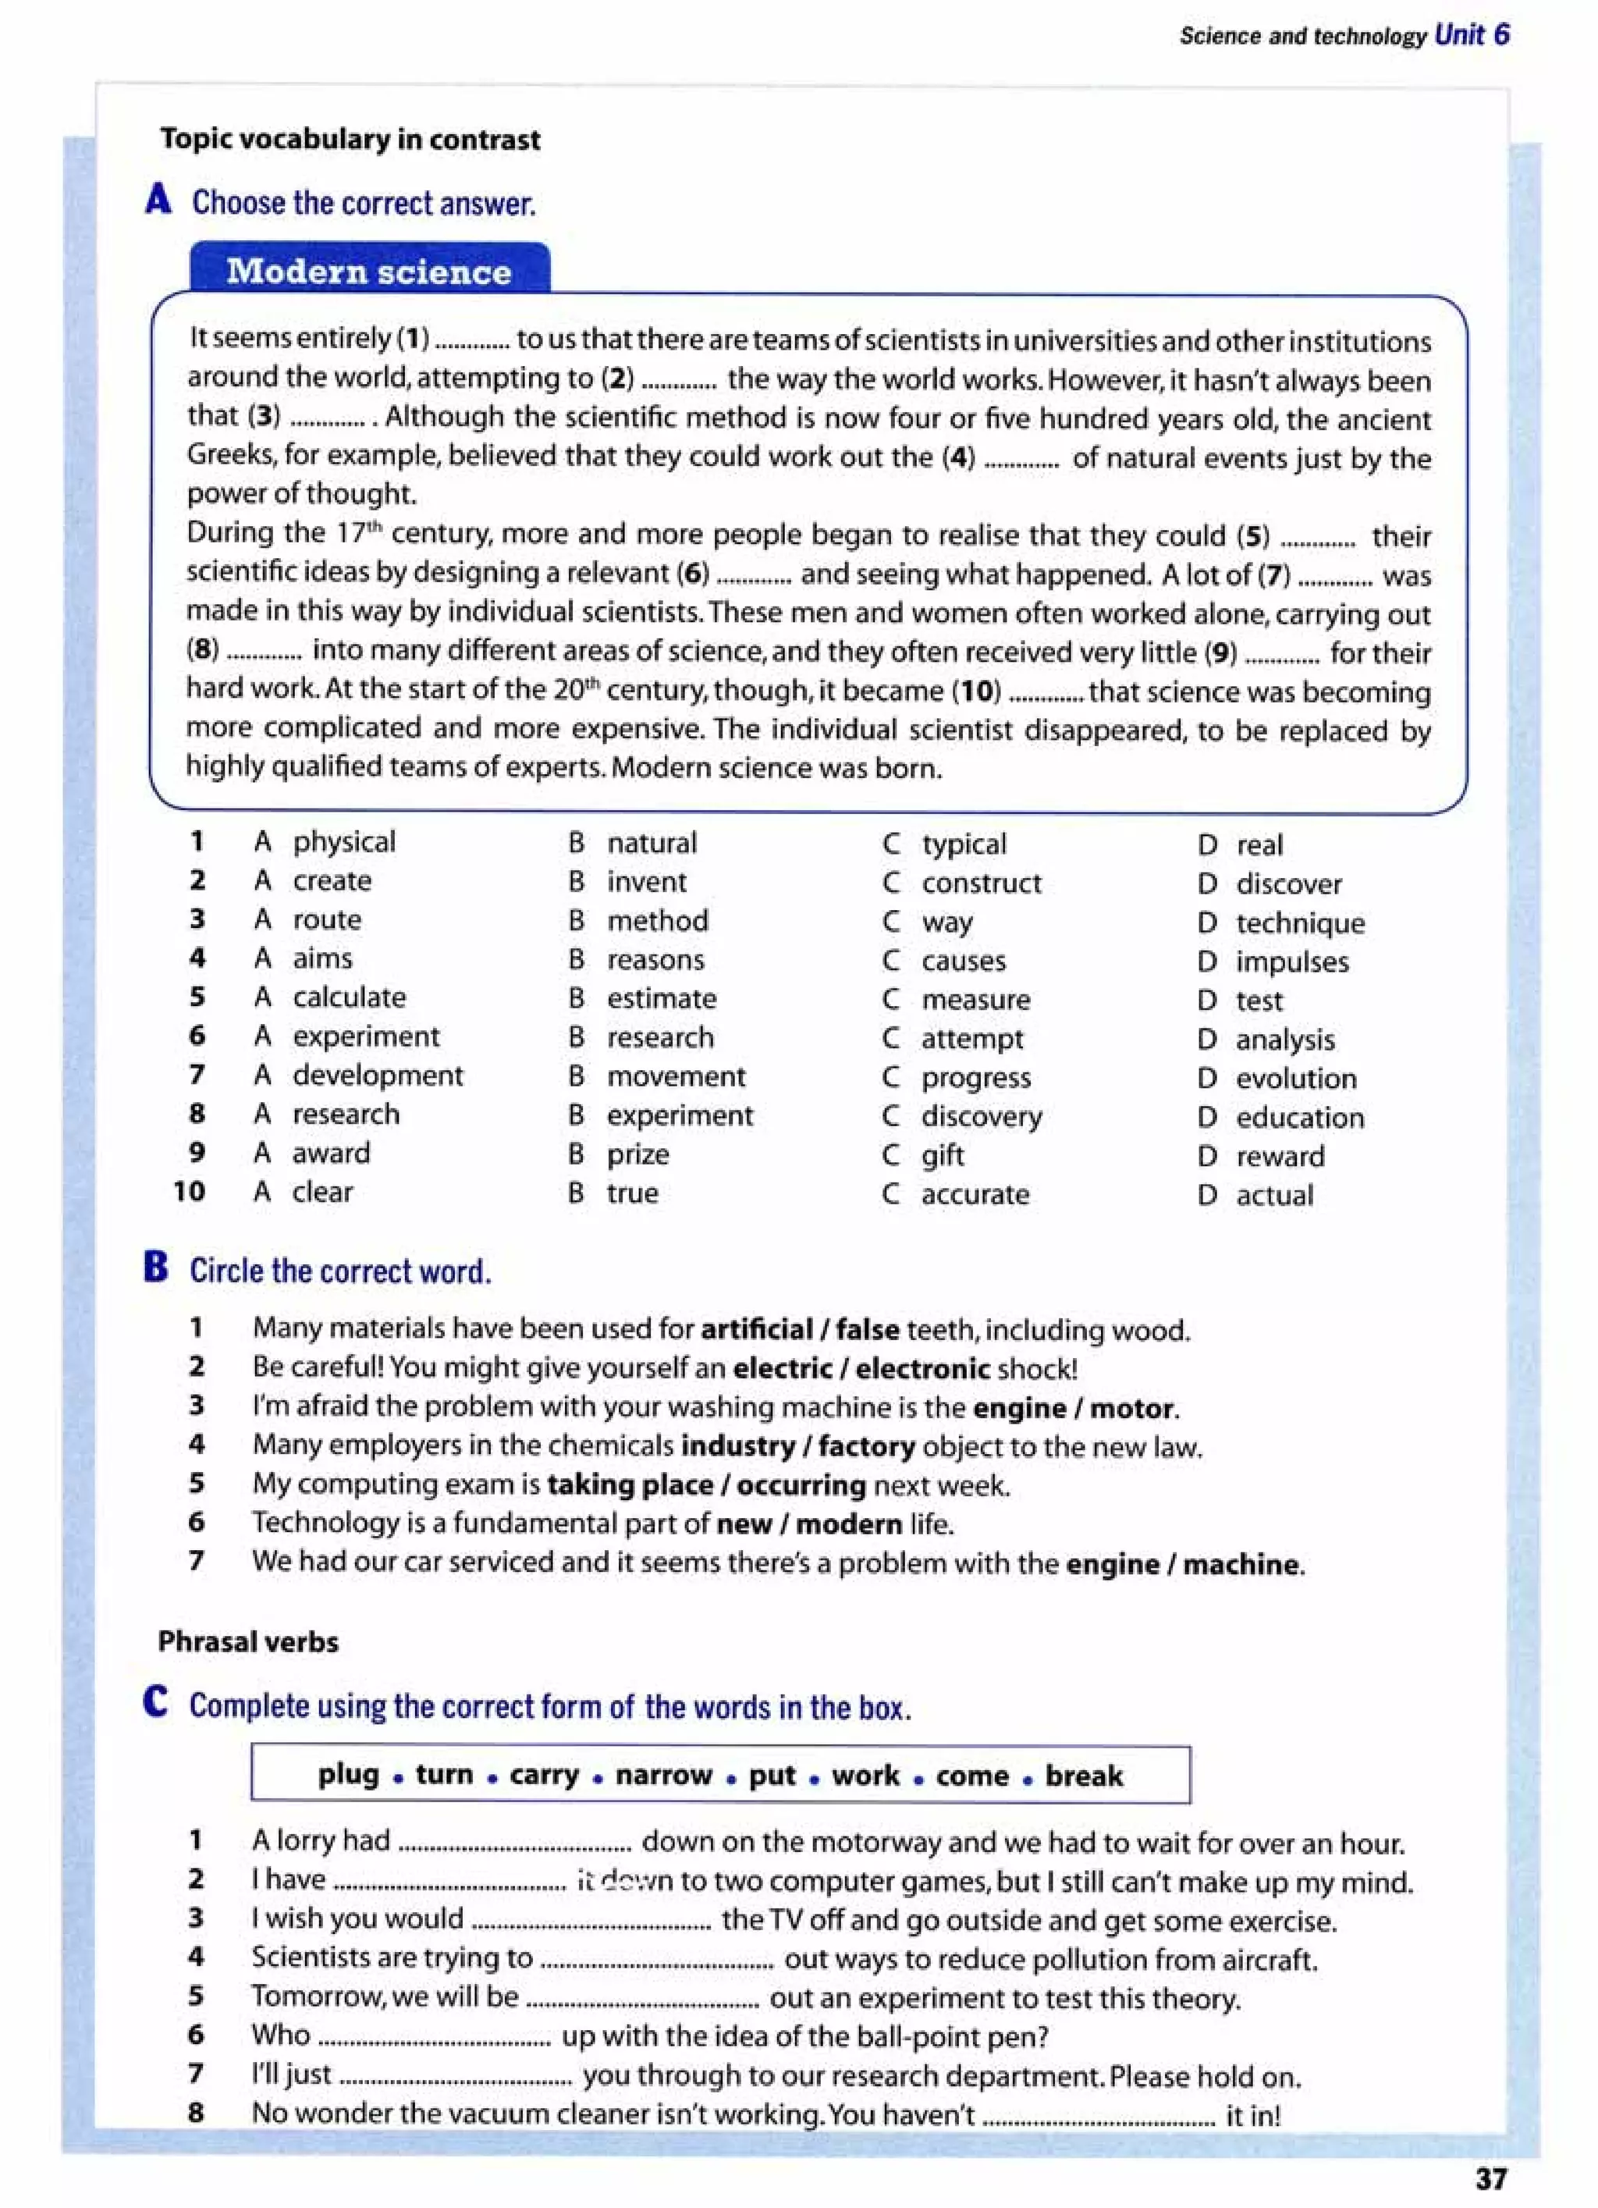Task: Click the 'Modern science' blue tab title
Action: coord(369,271)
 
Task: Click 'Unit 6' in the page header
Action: coord(1472,35)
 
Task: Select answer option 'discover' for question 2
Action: coord(1288,884)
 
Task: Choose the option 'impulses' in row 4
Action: coord(1292,962)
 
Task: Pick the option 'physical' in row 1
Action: coord(345,841)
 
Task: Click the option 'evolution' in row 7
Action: coord(1295,1079)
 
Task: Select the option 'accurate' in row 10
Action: coord(975,1195)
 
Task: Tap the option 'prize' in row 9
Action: coord(638,1154)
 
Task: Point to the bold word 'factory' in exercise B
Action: coord(866,1447)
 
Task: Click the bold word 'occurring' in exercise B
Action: coord(801,1485)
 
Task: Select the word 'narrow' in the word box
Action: coord(664,1775)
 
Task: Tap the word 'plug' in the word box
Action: coord(349,1775)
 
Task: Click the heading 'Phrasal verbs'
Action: coord(248,1642)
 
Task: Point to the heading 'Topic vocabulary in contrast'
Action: coord(350,139)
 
